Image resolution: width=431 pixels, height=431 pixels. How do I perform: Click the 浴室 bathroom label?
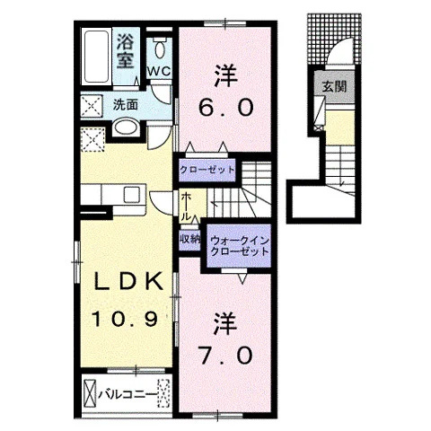tap(125, 51)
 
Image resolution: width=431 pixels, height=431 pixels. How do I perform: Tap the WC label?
tap(159, 71)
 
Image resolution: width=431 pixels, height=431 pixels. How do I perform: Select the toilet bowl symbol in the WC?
tap(159, 48)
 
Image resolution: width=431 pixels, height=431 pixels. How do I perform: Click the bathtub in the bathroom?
tap(96, 57)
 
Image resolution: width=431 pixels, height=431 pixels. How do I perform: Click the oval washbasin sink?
tap(127, 128)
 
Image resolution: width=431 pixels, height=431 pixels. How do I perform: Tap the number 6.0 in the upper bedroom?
tap(226, 108)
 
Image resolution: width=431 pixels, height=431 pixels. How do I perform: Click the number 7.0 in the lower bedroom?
tap(226, 356)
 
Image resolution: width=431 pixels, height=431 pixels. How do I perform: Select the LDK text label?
tap(128, 282)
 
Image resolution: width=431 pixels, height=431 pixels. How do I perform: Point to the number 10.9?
tap(125, 319)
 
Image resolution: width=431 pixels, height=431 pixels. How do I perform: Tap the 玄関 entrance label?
tap(334, 87)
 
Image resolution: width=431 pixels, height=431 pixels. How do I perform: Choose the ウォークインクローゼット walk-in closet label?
tap(239, 246)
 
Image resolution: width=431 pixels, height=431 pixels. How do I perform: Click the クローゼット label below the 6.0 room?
tap(207, 170)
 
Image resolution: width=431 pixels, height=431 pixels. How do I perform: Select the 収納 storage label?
tap(190, 239)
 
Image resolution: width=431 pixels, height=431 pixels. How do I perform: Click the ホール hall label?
tap(186, 207)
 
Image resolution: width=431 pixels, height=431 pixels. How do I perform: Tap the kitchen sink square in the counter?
tap(132, 194)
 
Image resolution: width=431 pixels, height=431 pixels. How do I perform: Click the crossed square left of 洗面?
tap(92, 106)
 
